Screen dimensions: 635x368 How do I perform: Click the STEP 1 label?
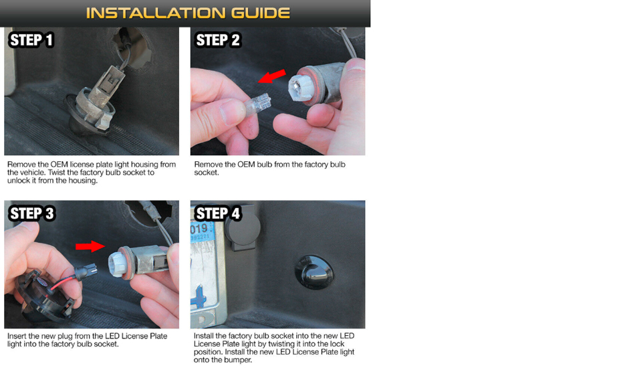click(x=31, y=40)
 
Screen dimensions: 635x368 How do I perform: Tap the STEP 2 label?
click(x=218, y=40)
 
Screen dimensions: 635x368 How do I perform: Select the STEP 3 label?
click(x=31, y=213)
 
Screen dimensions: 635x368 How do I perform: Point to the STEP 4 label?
click(x=218, y=213)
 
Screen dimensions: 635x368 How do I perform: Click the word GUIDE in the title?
click(x=261, y=13)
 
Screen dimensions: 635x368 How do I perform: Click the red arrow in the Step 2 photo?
click(x=272, y=76)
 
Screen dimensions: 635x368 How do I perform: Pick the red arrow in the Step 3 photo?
click(x=90, y=246)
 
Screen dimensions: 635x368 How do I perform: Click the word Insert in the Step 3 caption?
click(x=17, y=336)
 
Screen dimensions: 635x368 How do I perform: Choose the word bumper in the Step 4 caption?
click(x=238, y=360)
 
